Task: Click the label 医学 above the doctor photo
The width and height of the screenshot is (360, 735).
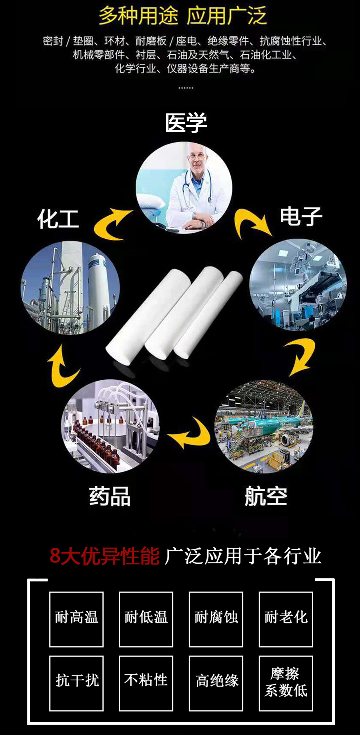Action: (186, 123)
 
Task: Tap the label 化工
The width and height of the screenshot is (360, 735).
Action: (58, 219)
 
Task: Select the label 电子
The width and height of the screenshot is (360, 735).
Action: (301, 216)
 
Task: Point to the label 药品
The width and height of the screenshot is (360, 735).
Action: (110, 496)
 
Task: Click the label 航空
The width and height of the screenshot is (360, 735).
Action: (266, 496)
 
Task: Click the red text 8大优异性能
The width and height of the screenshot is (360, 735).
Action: (104, 556)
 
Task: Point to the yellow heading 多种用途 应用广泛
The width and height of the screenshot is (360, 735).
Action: (183, 16)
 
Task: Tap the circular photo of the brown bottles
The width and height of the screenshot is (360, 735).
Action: (110, 426)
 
